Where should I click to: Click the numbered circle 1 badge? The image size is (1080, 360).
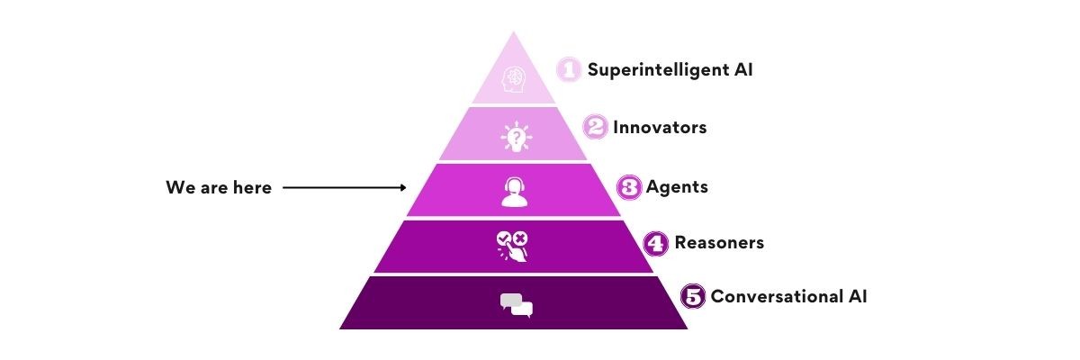click(568, 69)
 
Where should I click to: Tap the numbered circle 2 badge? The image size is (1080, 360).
click(595, 127)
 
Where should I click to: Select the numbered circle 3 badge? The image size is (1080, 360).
click(629, 187)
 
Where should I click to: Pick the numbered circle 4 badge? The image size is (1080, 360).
click(657, 242)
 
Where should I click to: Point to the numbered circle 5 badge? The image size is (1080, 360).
click(693, 296)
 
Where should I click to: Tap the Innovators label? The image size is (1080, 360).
click(660, 128)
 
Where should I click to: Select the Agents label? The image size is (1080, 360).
click(677, 187)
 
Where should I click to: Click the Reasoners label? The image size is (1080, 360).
click(719, 242)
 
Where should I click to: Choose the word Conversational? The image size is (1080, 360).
click(776, 296)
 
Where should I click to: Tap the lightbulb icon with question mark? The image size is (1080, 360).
click(516, 137)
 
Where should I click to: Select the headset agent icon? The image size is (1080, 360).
click(514, 192)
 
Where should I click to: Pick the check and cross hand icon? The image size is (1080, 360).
click(514, 246)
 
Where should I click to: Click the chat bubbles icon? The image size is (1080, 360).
click(516, 305)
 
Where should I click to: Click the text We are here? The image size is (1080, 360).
click(219, 188)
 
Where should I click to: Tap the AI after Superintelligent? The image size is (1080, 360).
click(742, 69)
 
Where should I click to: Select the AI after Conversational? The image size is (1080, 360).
click(856, 296)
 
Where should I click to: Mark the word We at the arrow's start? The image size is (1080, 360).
click(178, 188)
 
